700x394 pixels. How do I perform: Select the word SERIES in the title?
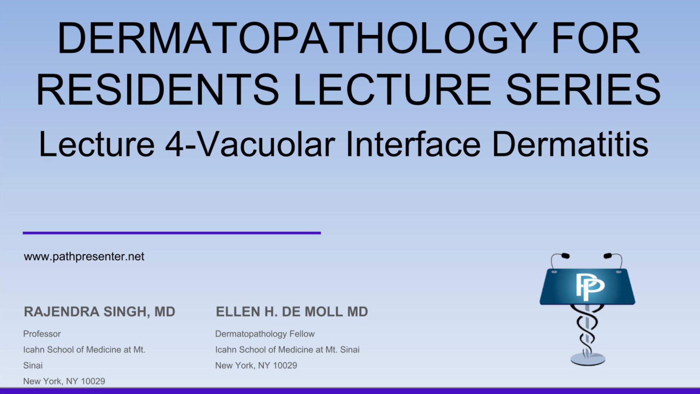pos(583,90)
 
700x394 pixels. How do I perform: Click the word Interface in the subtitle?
pos(413,145)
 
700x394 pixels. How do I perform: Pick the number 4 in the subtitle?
pos(174,145)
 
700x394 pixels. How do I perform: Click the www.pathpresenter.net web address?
pos(84,257)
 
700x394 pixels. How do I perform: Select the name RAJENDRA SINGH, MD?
pos(99,312)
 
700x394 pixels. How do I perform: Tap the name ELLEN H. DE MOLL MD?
pos(292,312)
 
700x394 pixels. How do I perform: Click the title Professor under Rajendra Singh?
pos(42,334)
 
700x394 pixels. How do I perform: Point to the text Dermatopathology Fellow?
pos(265,334)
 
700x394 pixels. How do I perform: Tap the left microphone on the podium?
pos(565,256)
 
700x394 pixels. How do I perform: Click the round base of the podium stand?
pos(588,359)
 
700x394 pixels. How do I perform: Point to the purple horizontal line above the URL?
pos(172,233)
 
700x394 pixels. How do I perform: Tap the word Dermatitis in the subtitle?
pos(570,145)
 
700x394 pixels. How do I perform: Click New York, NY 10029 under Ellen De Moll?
pos(256,366)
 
